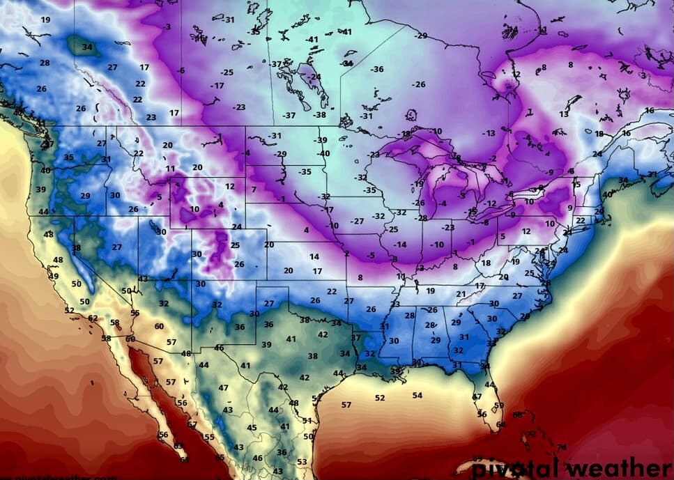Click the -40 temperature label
point(323,153)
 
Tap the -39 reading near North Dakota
point(321,140)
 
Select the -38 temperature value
point(319,115)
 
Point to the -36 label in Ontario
point(377,69)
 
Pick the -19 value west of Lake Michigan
point(418,184)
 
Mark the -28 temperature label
point(422,218)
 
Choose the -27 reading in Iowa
point(357,221)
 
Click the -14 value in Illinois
point(399,245)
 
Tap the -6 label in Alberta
point(181,70)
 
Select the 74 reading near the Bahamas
point(562,447)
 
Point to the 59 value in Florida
point(498,405)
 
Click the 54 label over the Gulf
point(417,395)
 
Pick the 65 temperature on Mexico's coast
point(220,458)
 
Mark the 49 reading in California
point(54,276)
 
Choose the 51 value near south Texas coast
point(307,421)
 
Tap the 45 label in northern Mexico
point(252,428)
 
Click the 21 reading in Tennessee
point(461,294)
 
